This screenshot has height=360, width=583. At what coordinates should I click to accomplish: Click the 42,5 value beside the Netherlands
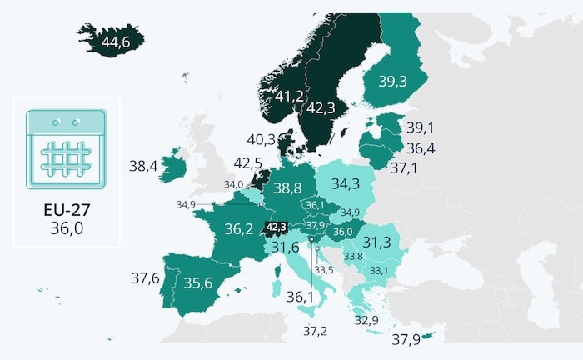click(248, 162)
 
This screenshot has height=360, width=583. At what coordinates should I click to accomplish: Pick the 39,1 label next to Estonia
click(421, 127)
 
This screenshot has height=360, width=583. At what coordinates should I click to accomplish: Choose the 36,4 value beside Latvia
click(421, 148)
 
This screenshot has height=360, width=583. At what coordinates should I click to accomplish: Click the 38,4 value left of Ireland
click(143, 167)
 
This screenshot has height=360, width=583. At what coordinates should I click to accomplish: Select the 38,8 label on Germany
click(287, 188)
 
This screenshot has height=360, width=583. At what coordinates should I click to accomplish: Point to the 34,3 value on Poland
click(345, 183)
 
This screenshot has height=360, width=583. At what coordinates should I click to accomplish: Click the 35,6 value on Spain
click(198, 283)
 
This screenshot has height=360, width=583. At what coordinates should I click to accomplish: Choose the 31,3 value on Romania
click(376, 242)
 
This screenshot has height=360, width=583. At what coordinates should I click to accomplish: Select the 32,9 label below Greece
click(366, 320)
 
